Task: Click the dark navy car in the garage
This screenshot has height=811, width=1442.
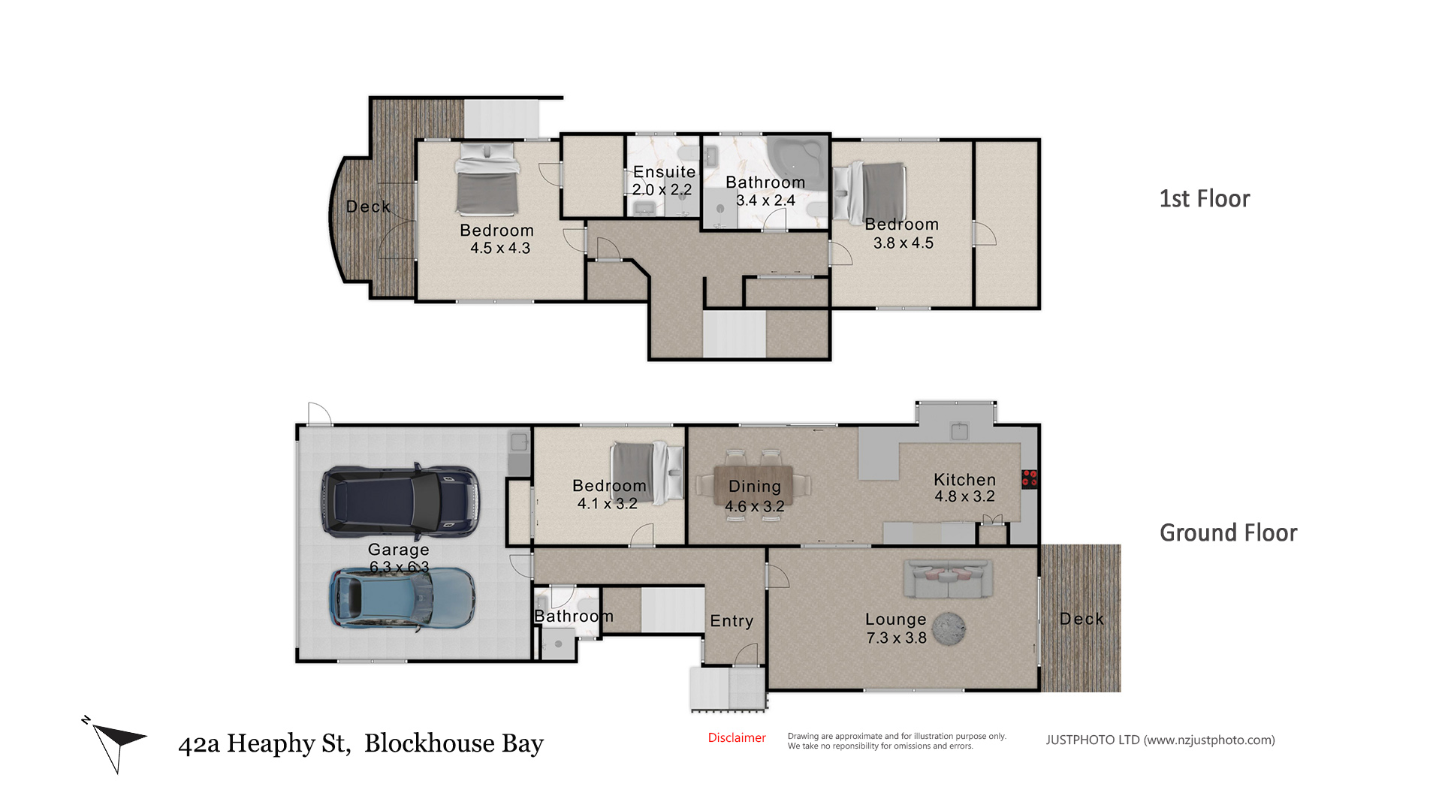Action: [x=400, y=501]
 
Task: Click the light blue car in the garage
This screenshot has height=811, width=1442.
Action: [x=402, y=597]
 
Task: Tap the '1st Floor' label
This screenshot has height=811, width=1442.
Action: [x=1205, y=199]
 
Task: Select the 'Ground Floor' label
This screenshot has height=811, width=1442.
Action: [x=1229, y=533]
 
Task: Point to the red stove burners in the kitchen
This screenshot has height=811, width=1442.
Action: [x=1029, y=478]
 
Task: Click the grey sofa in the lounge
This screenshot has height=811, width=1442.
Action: [x=948, y=579]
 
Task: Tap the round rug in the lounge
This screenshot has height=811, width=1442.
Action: [x=949, y=629]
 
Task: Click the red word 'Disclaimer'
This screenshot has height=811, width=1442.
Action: [x=737, y=738]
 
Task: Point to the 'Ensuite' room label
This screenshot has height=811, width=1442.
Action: [x=665, y=172]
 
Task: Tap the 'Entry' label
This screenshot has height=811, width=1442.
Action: [x=732, y=621]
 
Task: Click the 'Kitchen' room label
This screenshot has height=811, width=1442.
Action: [x=965, y=479]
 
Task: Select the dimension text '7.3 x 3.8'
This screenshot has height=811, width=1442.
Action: [x=897, y=638]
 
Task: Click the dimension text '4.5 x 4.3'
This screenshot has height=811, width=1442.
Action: [x=500, y=248]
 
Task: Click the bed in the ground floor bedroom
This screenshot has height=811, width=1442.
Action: [x=647, y=472]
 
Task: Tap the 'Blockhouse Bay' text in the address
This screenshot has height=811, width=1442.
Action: [x=454, y=743]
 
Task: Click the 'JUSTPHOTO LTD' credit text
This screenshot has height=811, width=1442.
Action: [x=1093, y=740]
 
